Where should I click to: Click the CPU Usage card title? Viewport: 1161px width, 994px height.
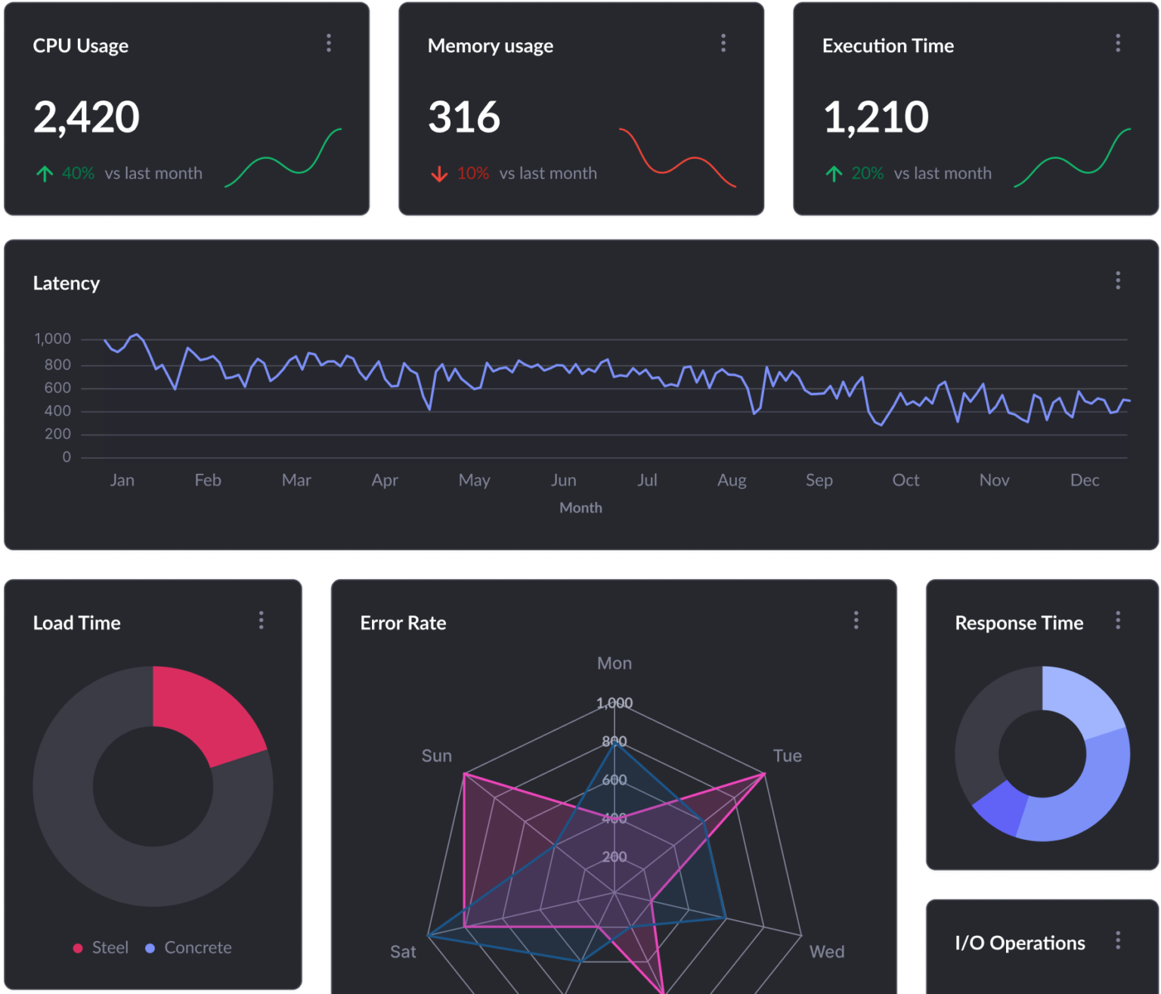pyautogui.click(x=80, y=46)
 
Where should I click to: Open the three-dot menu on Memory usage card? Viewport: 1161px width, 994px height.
pyautogui.click(x=723, y=43)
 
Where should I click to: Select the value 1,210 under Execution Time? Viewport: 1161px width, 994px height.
pyautogui.click(x=875, y=117)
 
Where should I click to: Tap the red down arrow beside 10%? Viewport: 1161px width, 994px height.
pyautogui.click(x=439, y=174)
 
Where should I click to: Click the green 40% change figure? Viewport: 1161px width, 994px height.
pyautogui.click(x=78, y=173)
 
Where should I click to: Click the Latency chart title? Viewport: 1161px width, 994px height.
pyautogui.click(x=67, y=283)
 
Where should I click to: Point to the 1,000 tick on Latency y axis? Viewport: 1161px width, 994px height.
pyautogui.click(x=53, y=339)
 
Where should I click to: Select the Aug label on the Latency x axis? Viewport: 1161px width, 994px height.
pyautogui.click(x=732, y=480)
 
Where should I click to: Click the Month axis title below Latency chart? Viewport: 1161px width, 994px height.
pyautogui.click(x=580, y=508)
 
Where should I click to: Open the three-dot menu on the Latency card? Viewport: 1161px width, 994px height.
pyautogui.click(x=1118, y=280)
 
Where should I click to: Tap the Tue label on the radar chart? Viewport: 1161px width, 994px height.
pyautogui.click(x=787, y=756)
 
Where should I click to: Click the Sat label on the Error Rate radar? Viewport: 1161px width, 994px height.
pyautogui.click(x=403, y=952)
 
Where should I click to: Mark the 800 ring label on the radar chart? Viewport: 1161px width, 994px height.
pyautogui.click(x=614, y=742)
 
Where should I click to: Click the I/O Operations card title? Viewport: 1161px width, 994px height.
pyautogui.click(x=1020, y=943)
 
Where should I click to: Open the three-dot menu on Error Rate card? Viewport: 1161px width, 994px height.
pyautogui.click(x=856, y=621)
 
